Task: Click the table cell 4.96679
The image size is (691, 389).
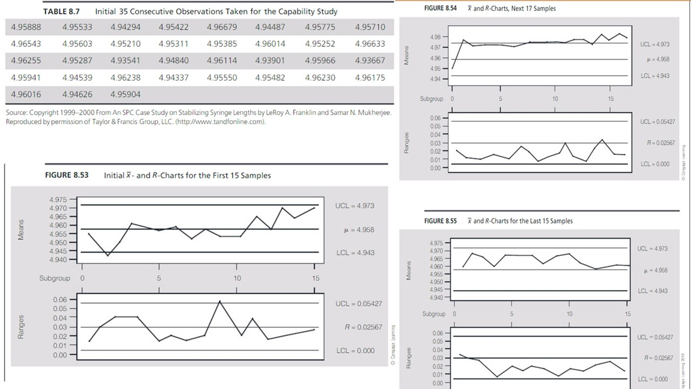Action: pos(222,27)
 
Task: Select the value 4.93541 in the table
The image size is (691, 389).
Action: pos(125,60)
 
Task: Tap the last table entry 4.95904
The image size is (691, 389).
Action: pos(125,94)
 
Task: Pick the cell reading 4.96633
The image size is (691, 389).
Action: pos(370,44)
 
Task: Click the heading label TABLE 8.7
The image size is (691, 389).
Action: pos(61,11)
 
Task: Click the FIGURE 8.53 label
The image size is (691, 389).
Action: pos(67,175)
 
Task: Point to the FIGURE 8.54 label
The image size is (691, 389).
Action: pos(440,8)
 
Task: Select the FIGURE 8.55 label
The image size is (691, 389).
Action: pos(440,221)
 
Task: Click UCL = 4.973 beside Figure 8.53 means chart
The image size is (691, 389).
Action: pos(355,206)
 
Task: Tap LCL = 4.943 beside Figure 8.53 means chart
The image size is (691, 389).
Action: pos(355,253)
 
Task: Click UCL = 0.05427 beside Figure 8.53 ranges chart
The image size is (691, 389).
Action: pos(359,304)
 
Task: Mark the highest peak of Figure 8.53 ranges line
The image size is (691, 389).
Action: pos(220,301)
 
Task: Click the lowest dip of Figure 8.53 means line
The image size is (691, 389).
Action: pos(108,256)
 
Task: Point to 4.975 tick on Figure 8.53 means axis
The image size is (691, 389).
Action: pos(58,200)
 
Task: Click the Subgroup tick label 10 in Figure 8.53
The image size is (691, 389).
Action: pos(237,278)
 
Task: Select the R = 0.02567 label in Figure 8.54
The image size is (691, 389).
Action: pos(661,143)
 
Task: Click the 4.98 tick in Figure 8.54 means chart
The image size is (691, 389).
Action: pos(435,37)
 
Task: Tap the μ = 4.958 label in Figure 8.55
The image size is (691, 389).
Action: pos(656,270)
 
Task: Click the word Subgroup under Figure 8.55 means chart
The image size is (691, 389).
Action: pos(434,314)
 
